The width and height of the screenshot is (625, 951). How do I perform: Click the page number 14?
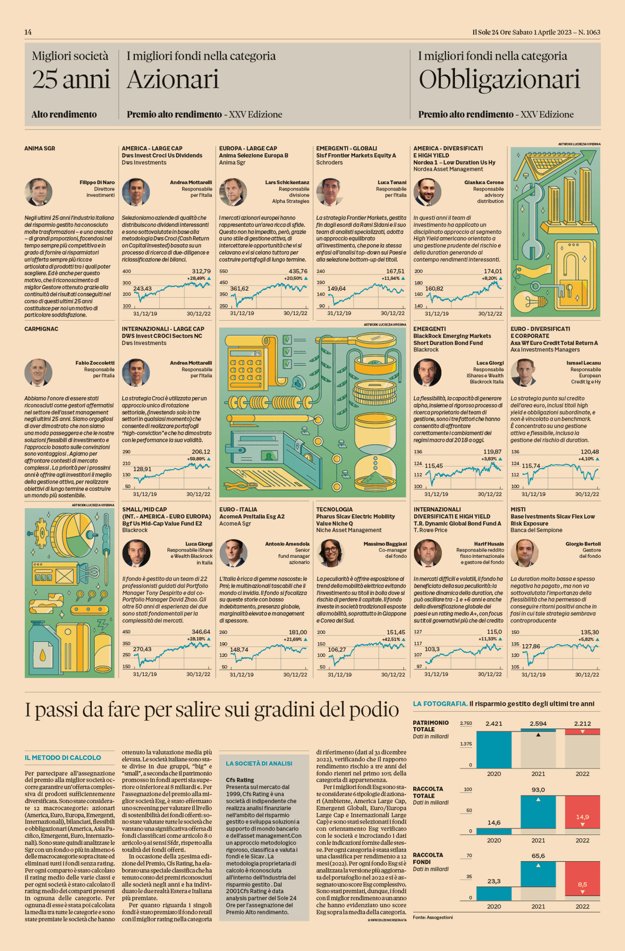[x=28, y=32]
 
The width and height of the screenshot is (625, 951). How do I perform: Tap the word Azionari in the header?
[x=173, y=80]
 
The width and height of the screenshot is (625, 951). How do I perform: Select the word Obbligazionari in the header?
[x=499, y=80]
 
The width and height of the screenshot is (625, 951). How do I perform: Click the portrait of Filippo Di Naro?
[x=38, y=192]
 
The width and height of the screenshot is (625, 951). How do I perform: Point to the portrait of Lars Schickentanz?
[x=233, y=192]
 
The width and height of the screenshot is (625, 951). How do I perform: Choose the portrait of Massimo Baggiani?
[x=330, y=553]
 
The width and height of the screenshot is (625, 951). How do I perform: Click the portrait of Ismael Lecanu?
[x=524, y=372]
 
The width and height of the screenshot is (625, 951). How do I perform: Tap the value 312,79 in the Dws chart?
[x=201, y=271]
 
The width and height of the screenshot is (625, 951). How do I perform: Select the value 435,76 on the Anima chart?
[x=298, y=271]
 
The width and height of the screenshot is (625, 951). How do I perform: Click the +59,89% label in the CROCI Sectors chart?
[x=196, y=459]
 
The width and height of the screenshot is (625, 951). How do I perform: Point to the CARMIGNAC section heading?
[x=41, y=329]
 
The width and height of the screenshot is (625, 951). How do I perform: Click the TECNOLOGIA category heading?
[x=334, y=509]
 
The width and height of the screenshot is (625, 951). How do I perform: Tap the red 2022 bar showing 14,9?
[x=582, y=817]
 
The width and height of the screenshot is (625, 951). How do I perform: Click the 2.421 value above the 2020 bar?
[x=494, y=724]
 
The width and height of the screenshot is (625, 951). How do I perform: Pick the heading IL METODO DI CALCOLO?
[x=63, y=757]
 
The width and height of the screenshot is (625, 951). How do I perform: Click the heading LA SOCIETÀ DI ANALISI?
[x=259, y=763]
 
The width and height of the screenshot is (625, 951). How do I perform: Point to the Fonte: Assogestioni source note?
[x=433, y=917]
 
